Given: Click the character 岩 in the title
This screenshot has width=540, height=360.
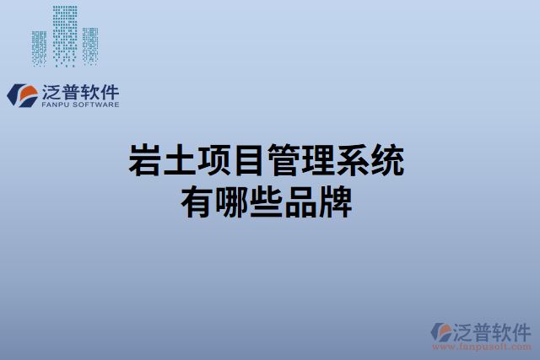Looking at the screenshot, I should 144,160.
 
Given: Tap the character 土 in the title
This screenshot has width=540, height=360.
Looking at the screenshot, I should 179,160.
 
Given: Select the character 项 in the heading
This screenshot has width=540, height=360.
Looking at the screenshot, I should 213,160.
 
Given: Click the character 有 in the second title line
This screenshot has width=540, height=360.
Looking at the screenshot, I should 197,202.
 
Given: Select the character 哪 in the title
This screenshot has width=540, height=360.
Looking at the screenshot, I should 231,202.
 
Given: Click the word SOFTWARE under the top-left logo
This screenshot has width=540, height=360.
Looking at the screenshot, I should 95,105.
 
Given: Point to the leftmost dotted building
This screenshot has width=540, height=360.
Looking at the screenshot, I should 40,48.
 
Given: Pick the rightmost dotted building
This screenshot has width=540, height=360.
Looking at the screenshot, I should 89,46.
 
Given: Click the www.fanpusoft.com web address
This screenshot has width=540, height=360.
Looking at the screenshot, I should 481,346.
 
